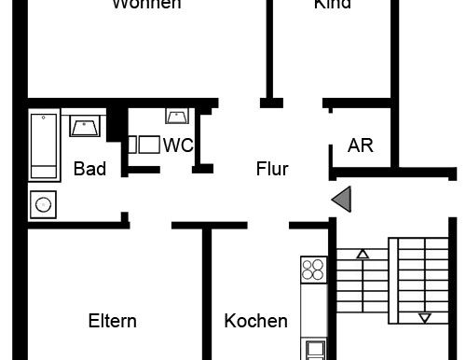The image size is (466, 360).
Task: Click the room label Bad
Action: [89, 169]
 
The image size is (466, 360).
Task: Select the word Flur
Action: [272, 170]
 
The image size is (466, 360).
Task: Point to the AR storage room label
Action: [360, 145]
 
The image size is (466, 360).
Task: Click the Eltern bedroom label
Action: [112, 321]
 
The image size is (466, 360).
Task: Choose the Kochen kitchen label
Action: [255, 321]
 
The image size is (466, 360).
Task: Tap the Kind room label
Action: [332, 5]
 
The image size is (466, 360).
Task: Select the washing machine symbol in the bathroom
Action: [43, 203]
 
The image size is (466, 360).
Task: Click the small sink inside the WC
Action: [177, 116]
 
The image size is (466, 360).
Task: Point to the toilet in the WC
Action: [143, 145]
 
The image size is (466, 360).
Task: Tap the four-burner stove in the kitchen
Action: [313, 270]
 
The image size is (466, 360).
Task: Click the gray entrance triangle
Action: [342, 198]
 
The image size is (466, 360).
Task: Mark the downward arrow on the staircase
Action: [425, 317]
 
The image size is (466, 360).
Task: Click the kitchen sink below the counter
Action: [314, 351]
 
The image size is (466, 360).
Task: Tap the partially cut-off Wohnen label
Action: [146, 5]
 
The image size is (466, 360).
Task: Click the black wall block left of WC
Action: [116, 124]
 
